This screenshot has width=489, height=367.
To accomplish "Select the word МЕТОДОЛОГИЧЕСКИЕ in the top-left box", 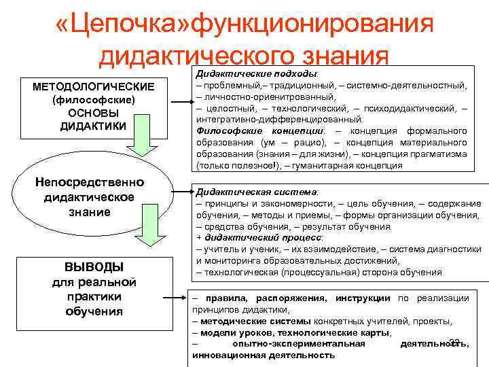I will [x=95, y=88].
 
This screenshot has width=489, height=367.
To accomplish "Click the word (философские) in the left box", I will [x=94, y=101].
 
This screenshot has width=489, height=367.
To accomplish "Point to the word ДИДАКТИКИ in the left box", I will [x=95, y=126].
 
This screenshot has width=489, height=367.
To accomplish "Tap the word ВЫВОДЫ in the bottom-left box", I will [x=94, y=266].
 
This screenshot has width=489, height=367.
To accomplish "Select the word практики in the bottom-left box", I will [x=94, y=296].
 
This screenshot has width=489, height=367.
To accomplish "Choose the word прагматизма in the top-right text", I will [x=434, y=154].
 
